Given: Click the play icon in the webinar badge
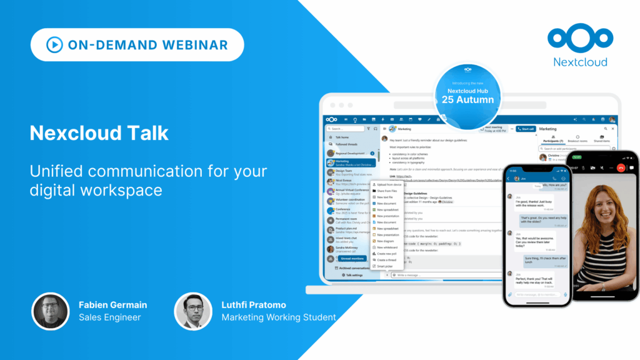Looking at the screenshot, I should pyautogui.click(x=54, y=44).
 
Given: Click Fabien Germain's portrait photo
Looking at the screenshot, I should pyautogui.click(x=50, y=311).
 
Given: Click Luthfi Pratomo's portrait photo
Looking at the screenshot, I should pyautogui.click(x=193, y=311).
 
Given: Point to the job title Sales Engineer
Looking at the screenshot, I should pyautogui.click(x=110, y=317).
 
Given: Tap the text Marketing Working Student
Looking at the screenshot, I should pyautogui.click(x=279, y=317).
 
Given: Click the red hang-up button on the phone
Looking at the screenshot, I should pyautogui.click(x=621, y=167).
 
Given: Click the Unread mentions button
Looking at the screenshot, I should pyautogui.click(x=353, y=258).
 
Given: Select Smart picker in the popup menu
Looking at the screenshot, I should pyautogui.click(x=385, y=266).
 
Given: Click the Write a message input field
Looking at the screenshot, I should pyautogui.click(x=437, y=275).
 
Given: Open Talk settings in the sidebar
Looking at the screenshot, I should pyautogui.click(x=353, y=275).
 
